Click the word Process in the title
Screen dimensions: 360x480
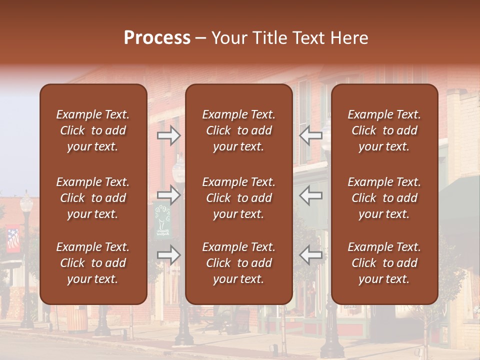click(157, 38)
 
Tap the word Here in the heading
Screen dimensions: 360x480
click(349, 38)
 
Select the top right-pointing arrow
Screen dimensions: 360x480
click(168, 135)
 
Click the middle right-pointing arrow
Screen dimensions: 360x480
click(168, 194)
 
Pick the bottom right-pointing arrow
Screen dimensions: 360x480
click(168, 255)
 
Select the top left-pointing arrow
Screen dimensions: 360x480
click(311, 135)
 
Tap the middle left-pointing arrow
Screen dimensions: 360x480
click(311, 194)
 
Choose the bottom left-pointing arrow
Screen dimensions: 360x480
click(311, 255)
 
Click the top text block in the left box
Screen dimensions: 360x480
click(93, 130)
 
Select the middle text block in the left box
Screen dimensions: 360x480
click(93, 198)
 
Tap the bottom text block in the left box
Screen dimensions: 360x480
click(93, 263)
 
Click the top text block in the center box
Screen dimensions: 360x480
click(238, 130)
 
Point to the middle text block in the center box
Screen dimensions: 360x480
click(238, 198)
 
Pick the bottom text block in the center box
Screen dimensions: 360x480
click(238, 263)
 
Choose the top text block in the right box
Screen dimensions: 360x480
click(384, 130)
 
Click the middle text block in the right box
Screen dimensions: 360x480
click(384, 198)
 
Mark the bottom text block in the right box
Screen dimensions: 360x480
click(384, 263)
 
